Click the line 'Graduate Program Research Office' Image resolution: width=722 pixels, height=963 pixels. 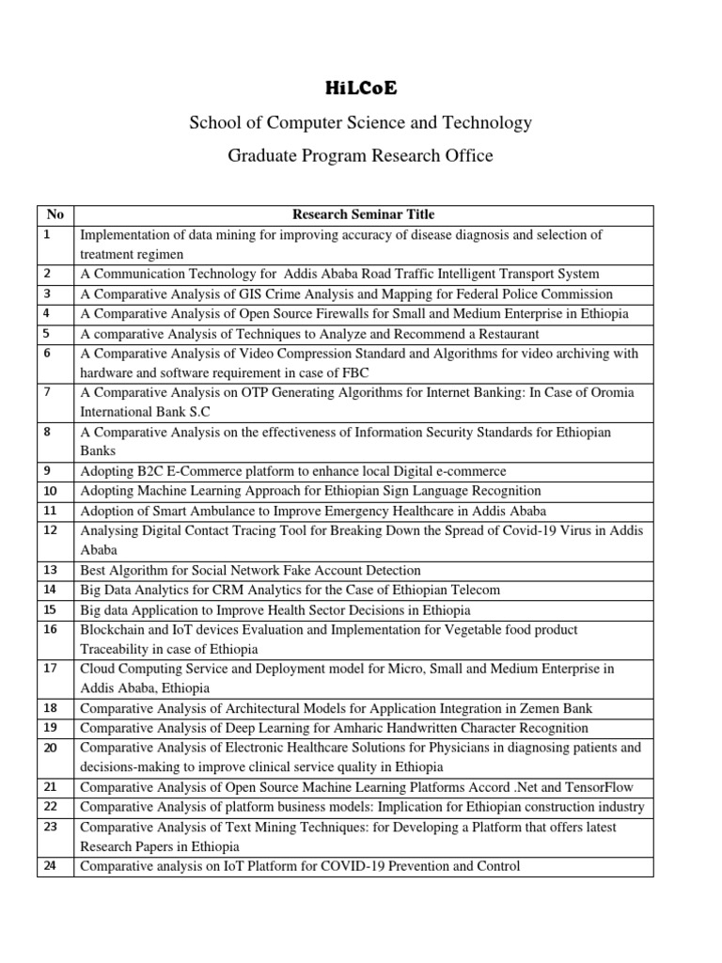tap(361, 155)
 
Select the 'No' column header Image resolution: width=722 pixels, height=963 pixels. tap(55, 214)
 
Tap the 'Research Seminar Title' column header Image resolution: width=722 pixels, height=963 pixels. tap(363, 214)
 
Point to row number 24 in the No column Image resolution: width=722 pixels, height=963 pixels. tap(51, 866)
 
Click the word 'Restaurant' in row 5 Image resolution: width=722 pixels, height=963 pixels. tap(506, 334)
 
